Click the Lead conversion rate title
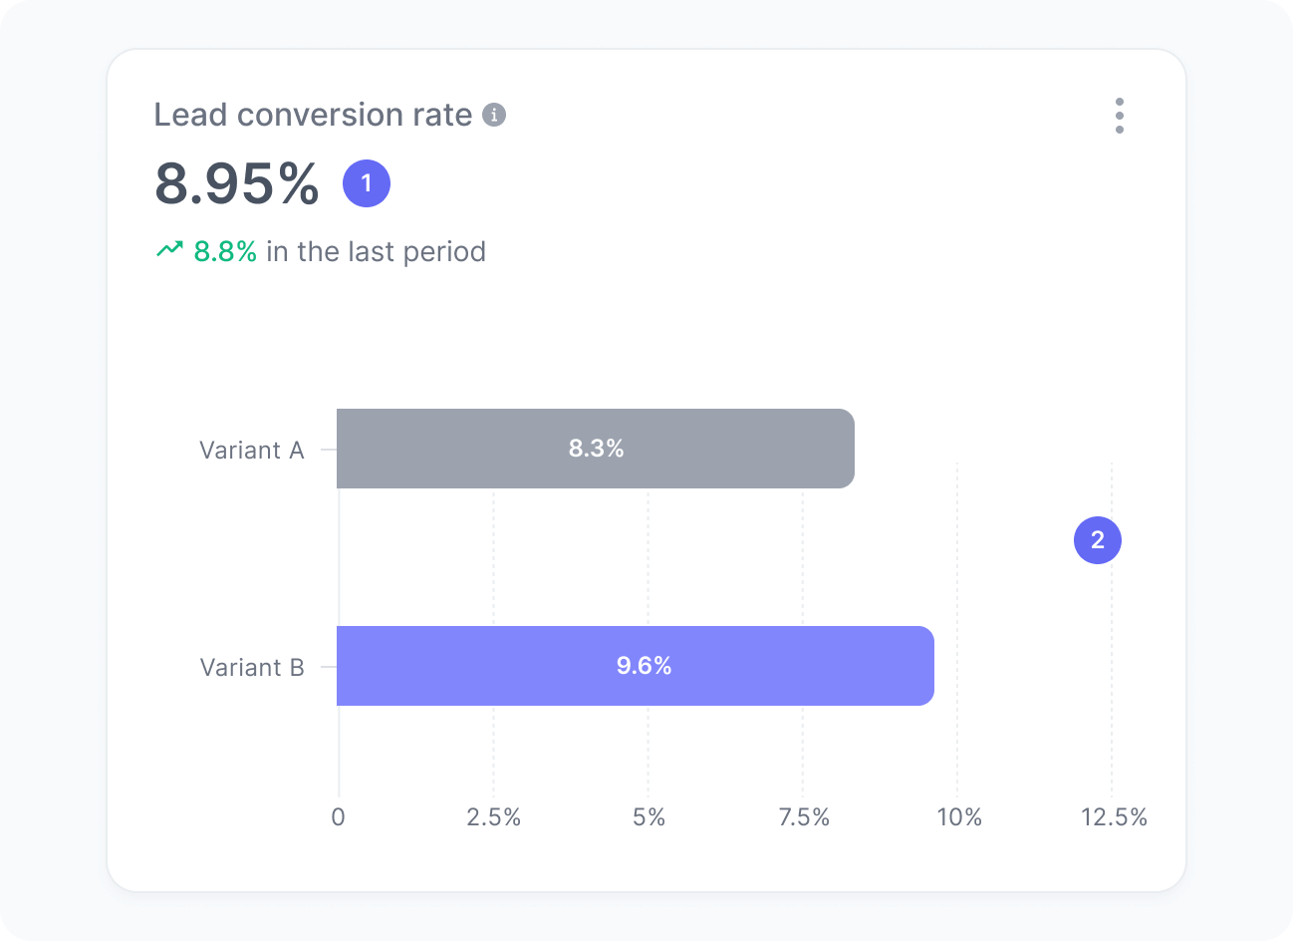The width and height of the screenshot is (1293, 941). tap(313, 116)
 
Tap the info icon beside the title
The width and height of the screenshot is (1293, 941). tap(494, 115)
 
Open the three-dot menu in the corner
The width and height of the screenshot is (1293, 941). tap(1120, 116)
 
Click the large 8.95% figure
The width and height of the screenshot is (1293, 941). tap(237, 184)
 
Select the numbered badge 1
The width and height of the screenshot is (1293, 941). tap(367, 183)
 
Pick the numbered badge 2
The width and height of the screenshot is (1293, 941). tap(1098, 539)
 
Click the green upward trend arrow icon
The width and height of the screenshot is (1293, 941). tap(169, 250)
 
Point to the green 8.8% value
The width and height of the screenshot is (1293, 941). tap(225, 251)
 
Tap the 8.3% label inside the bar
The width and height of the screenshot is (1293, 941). tap(596, 449)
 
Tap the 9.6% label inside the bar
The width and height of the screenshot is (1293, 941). tap(644, 666)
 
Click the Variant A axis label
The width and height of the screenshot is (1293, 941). tap(251, 451)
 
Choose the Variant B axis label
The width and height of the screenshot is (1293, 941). tap(252, 668)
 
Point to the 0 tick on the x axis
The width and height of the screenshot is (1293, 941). tap(339, 817)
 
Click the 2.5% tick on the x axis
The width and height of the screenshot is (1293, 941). tap(494, 817)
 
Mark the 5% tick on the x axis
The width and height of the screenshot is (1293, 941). tap(648, 817)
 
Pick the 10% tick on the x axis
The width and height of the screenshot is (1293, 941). tap(958, 817)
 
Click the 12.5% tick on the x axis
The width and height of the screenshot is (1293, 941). tap(1114, 817)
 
